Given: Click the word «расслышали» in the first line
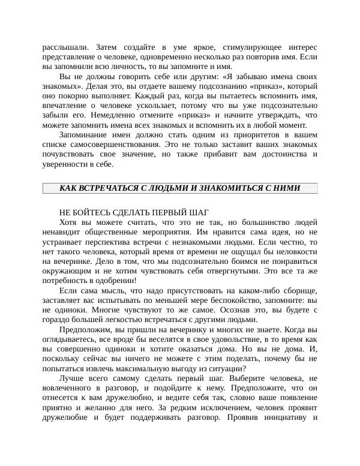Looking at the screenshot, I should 65,47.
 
